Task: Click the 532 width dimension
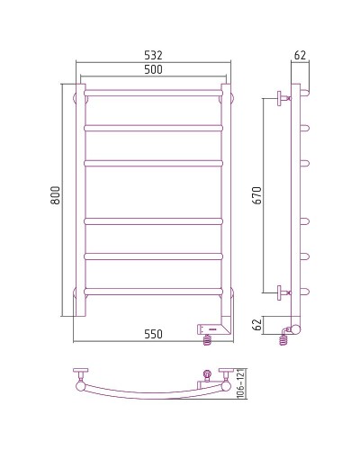(x=153, y=56)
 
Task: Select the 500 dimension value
(x=153, y=72)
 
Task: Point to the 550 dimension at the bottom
(x=153, y=334)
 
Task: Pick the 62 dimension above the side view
(x=300, y=57)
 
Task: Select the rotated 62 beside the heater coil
(x=258, y=325)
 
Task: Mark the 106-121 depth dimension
(x=240, y=385)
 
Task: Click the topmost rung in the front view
(x=153, y=93)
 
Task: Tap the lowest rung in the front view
(x=153, y=291)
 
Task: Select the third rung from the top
(x=153, y=163)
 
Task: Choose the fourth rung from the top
(x=153, y=220)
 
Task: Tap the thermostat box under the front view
(x=215, y=329)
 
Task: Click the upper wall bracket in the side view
(x=283, y=97)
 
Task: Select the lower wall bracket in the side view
(x=283, y=291)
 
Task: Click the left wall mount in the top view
(x=82, y=376)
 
